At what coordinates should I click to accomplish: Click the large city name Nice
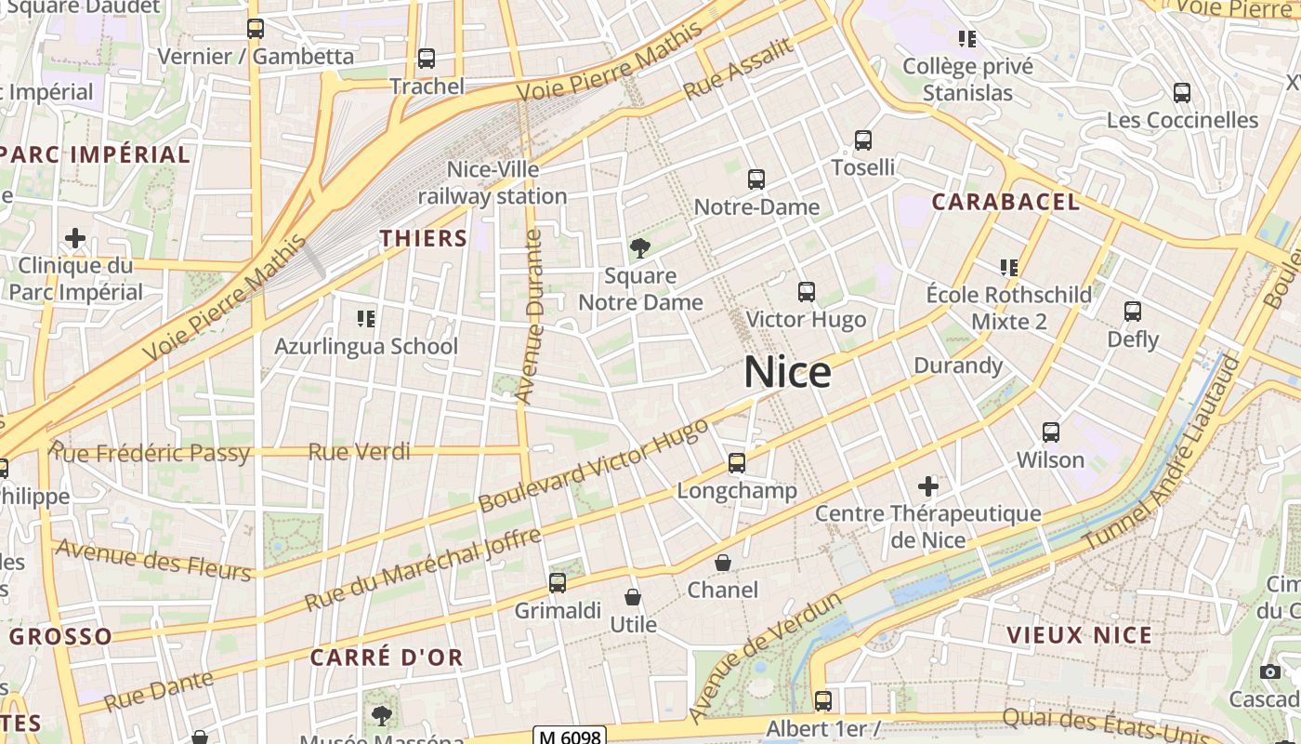787,373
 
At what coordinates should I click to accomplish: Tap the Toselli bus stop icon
863,141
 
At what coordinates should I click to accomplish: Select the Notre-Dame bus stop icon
756,179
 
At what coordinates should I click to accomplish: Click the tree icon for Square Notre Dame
639,248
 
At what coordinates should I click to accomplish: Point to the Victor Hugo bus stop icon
807,292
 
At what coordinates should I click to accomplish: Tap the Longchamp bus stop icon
737,463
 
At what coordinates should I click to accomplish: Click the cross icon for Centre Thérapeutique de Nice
927,485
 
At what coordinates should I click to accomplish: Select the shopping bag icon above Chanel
723,563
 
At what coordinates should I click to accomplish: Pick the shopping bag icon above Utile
633,597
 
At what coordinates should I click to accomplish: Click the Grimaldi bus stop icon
558,583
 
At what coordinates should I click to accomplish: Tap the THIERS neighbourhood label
424,238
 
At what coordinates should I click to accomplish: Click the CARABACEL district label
1005,202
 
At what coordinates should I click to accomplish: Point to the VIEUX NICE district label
1079,636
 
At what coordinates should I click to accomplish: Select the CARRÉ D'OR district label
386,658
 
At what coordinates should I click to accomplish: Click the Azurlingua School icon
366,319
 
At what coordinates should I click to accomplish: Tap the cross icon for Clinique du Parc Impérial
75,238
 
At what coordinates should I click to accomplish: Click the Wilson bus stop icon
1051,432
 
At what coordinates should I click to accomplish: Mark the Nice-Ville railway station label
493,183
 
